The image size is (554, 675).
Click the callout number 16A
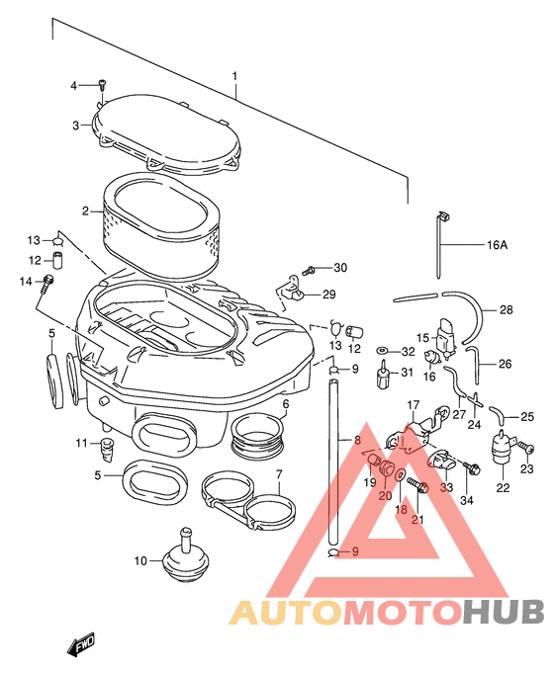pyautogui.click(x=498, y=245)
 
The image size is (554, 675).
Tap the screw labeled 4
pyautogui.click(x=102, y=84)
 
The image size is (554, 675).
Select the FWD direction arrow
pyautogui.click(x=80, y=644)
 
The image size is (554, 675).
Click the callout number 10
pyautogui.click(x=140, y=561)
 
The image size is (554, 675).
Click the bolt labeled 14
pyautogui.click(x=47, y=285)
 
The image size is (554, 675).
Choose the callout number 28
pyautogui.click(x=507, y=309)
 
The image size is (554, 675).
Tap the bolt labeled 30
pyautogui.click(x=309, y=271)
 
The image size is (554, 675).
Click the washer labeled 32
pyautogui.click(x=382, y=351)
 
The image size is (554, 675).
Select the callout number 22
pyautogui.click(x=503, y=488)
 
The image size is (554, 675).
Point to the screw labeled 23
pyautogui.click(x=526, y=448)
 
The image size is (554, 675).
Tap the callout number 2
pyautogui.click(x=85, y=211)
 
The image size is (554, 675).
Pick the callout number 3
pyautogui.click(x=76, y=126)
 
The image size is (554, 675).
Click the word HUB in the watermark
pyautogui.click(x=504, y=612)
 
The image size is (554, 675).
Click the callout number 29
pyautogui.click(x=329, y=295)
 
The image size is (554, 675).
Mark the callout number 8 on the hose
pyautogui.click(x=357, y=440)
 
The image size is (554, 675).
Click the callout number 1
pyautogui.click(x=234, y=77)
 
